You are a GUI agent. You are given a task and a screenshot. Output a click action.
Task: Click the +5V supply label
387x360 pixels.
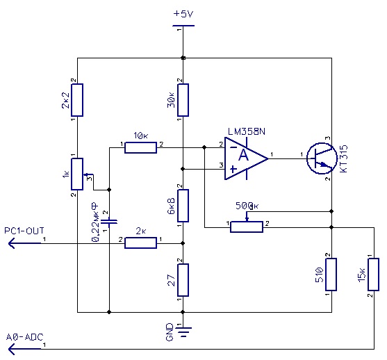click(183, 14)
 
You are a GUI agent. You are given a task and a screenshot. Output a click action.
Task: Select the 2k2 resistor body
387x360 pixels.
click(77, 100)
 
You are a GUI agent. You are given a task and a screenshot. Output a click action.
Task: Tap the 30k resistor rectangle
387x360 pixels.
click(183, 100)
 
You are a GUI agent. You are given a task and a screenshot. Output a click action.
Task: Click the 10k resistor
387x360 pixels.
click(140, 147)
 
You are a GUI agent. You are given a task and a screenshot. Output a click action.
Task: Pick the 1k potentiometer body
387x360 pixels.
click(77, 174)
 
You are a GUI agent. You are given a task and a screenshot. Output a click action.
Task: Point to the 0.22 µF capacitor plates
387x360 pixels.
click(109, 222)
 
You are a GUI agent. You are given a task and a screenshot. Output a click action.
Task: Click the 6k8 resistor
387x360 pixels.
click(183, 206)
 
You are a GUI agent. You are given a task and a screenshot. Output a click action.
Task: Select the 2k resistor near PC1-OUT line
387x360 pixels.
click(140, 243)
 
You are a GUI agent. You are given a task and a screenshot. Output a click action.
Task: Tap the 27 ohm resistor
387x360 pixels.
click(183, 280)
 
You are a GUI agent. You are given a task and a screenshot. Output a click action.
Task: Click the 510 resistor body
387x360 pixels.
click(331, 275)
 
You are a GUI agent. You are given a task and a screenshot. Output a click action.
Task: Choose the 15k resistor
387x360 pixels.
click(373, 275)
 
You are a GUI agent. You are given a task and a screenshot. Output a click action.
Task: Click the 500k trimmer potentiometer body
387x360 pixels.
click(247, 227)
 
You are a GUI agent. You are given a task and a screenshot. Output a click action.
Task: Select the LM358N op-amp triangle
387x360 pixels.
click(247, 158)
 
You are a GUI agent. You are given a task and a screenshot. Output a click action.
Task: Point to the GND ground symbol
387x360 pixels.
click(183, 332)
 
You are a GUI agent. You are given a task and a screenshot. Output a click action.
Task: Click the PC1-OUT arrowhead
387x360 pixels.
click(12, 243)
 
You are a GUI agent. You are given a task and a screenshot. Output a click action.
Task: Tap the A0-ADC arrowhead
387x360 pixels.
click(12, 349)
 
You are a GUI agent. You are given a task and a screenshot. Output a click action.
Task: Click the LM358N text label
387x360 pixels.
click(247, 131)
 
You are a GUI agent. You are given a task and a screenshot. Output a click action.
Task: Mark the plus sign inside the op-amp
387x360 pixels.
click(233, 170)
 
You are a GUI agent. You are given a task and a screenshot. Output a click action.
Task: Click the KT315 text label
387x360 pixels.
click(343, 158)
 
